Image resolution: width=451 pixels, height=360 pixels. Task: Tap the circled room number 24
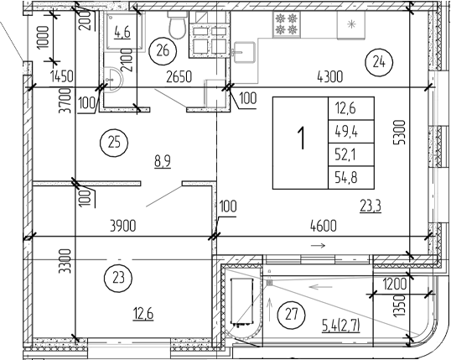click(378, 60)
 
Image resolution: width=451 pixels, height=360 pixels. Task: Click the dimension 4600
click(322, 224)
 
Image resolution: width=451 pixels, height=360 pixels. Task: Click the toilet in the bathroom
click(176, 29)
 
